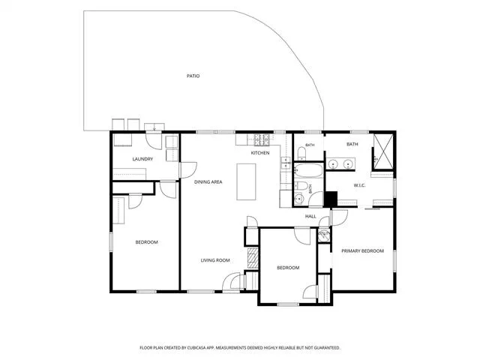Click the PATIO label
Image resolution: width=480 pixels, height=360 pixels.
193,76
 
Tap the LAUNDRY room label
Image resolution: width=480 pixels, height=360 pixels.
142,159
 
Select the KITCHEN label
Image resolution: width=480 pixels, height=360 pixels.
260,153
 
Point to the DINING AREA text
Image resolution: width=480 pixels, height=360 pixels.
208,181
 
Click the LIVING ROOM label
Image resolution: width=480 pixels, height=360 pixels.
215,260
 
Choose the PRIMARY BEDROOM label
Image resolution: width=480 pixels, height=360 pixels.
363,251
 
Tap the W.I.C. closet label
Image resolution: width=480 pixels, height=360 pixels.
359,185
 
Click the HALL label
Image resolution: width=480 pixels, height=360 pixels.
310,217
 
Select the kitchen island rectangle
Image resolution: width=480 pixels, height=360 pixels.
246,181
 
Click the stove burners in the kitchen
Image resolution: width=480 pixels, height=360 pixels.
262,140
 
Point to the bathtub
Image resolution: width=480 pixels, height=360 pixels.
308,170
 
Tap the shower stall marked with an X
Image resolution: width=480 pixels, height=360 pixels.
383,151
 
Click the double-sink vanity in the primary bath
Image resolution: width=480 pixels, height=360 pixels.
340,164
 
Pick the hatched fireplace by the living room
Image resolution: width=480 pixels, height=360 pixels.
253,258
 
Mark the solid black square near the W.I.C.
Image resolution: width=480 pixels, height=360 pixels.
331,199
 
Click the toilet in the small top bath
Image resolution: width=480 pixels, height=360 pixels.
301,154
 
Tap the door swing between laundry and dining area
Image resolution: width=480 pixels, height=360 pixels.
188,170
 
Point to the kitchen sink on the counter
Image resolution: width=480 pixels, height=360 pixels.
286,163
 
